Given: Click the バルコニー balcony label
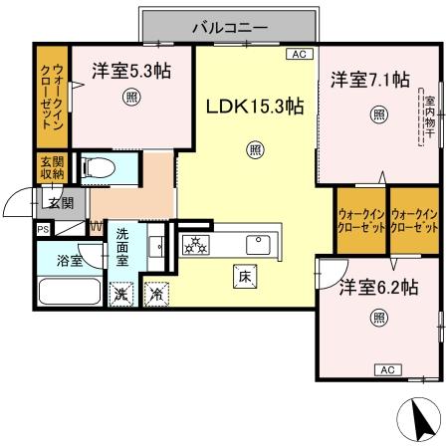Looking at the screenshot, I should click(228, 28).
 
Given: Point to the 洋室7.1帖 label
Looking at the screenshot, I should click(369, 81).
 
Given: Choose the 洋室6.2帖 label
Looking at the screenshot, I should click(378, 287).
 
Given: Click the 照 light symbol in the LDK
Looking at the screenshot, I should click(255, 150).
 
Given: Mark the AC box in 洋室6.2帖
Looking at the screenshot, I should click(390, 369).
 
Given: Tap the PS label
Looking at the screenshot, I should click(42, 228).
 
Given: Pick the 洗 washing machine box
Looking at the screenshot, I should click(119, 294).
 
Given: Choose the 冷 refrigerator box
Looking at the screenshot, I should click(156, 294).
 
